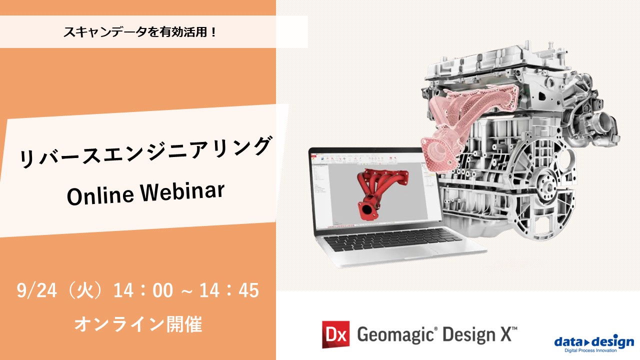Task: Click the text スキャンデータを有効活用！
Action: click(x=140, y=32)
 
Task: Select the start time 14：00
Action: click(x=142, y=290)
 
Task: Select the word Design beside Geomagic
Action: click(x=467, y=334)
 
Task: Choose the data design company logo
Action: click(x=594, y=341)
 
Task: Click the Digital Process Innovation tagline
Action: click(x=594, y=351)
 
